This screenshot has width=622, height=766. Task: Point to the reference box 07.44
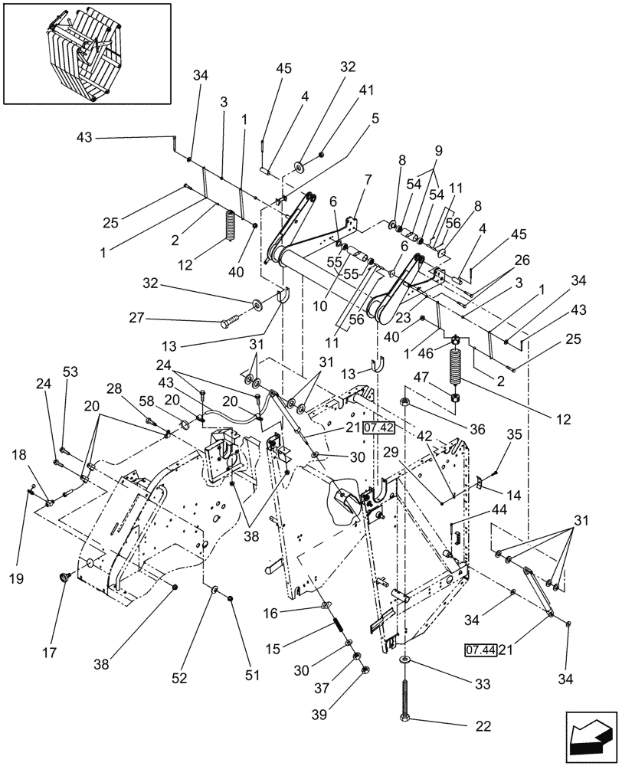point(480,650)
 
